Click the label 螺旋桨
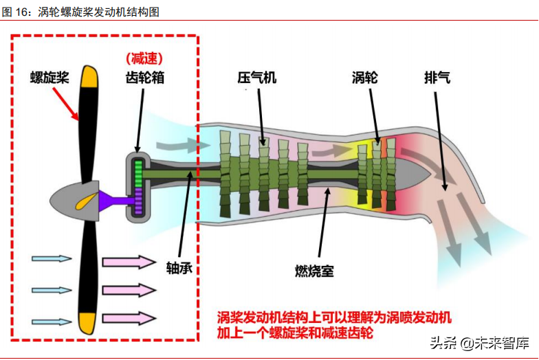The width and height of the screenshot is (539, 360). (x=49, y=76)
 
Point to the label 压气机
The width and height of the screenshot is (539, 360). (x=257, y=77)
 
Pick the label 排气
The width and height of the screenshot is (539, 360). (x=437, y=77)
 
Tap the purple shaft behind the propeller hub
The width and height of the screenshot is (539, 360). (x=114, y=200)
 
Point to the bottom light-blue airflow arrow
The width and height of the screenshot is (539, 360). (x=52, y=322)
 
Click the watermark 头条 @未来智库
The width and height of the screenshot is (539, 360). (x=479, y=341)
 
